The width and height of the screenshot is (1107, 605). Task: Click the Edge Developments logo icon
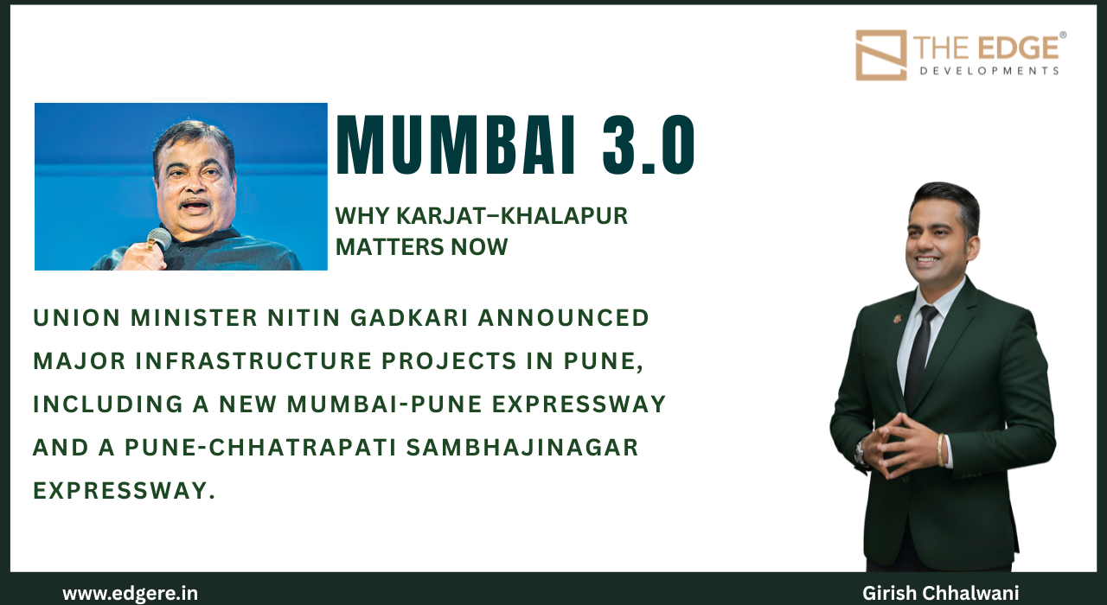(880, 55)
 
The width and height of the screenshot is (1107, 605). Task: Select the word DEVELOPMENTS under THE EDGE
(989, 70)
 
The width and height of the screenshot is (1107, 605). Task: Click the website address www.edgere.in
(130, 594)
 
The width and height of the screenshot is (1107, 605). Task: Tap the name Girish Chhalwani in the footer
(941, 594)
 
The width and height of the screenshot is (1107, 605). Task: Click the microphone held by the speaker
(157, 238)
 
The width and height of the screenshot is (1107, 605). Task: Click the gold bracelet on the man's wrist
(940, 449)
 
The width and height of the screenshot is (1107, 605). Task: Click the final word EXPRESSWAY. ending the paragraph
(124, 491)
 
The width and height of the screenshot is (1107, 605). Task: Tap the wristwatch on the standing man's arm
(861, 451)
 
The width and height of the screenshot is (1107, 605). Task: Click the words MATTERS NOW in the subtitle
(421, 247)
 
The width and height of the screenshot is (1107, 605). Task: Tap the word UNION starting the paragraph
(67, 318)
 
